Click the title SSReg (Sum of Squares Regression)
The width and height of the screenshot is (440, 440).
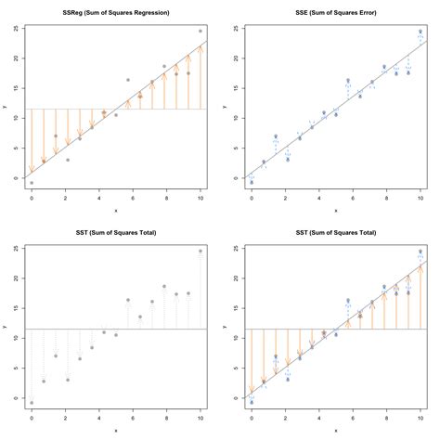(114, 12)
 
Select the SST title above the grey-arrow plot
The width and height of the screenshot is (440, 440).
(114, 232)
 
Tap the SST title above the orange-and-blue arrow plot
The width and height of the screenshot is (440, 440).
(334, 232)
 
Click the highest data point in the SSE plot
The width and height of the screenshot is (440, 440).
(420, 31)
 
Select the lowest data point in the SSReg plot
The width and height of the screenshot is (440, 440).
(31, 183)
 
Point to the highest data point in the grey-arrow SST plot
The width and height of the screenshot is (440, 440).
(200, 251)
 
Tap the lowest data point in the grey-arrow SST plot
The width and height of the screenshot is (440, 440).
(31, 403)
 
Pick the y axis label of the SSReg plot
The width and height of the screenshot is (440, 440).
(5, 106)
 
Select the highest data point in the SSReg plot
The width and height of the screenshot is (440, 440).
(200, 31)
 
